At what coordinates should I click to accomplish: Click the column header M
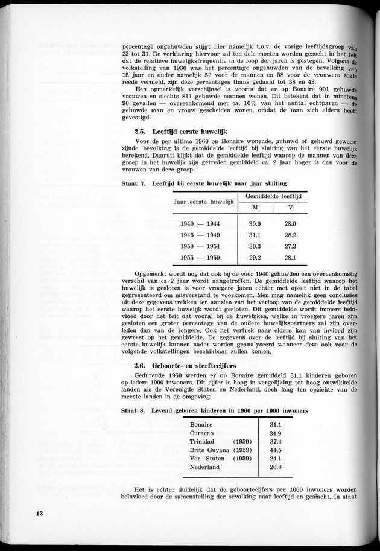tap(255, 207)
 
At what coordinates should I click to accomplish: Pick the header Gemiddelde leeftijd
tap(273, 196)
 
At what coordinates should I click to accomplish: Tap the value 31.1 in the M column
tap(255, 235)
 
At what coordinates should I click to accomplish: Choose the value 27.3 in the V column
tap(290, 246)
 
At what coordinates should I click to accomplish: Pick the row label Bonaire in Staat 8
tap(201, 424)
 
